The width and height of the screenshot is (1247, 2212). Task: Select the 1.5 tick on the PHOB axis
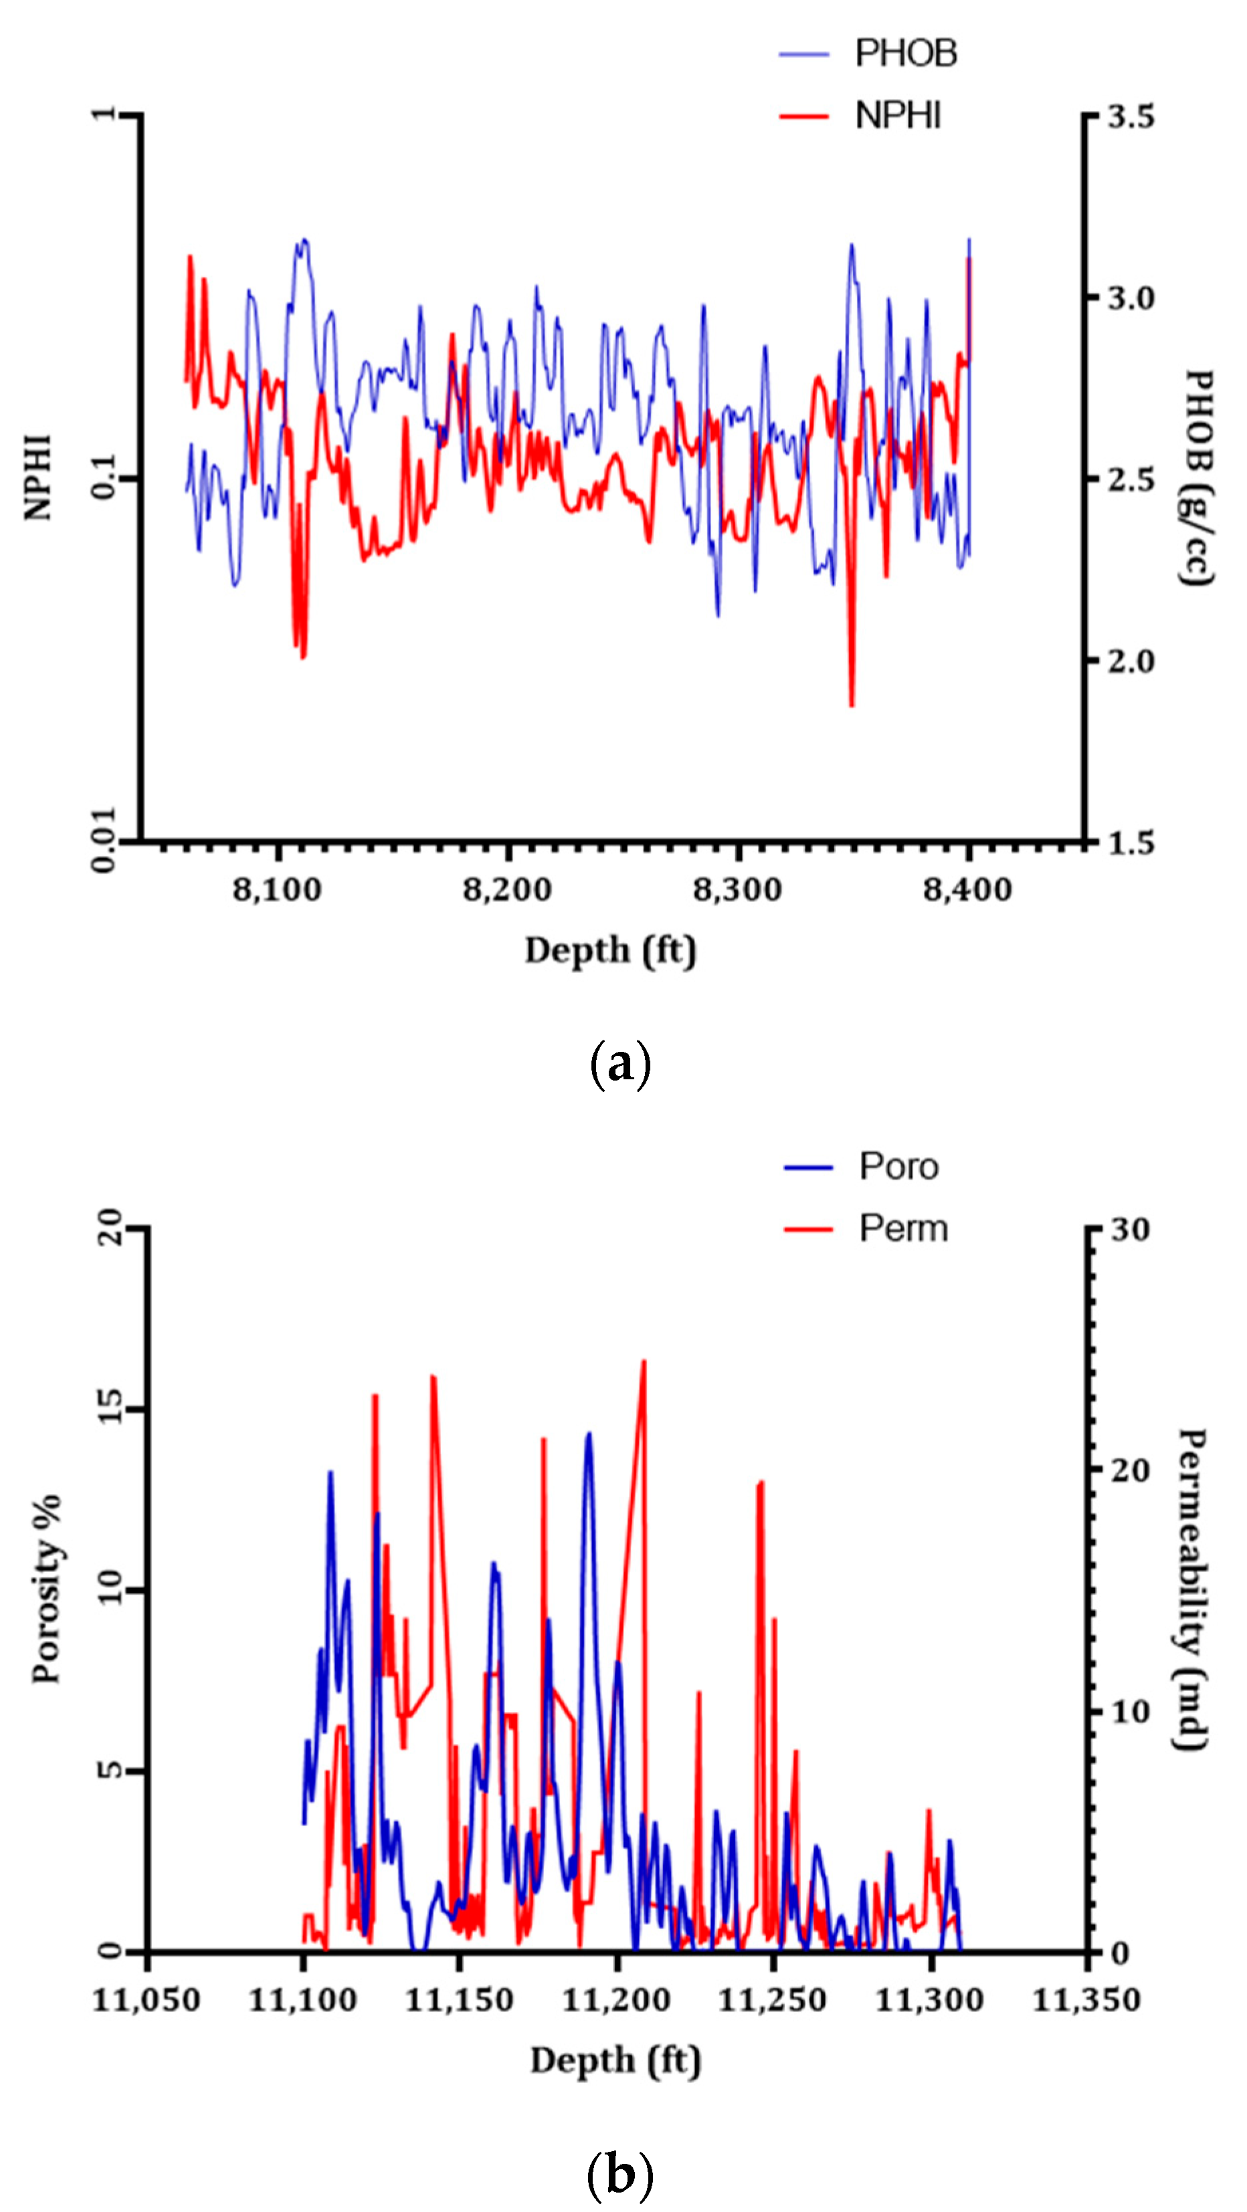point(1130,843)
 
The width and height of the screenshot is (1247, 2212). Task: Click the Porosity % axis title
point(47,1589)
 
